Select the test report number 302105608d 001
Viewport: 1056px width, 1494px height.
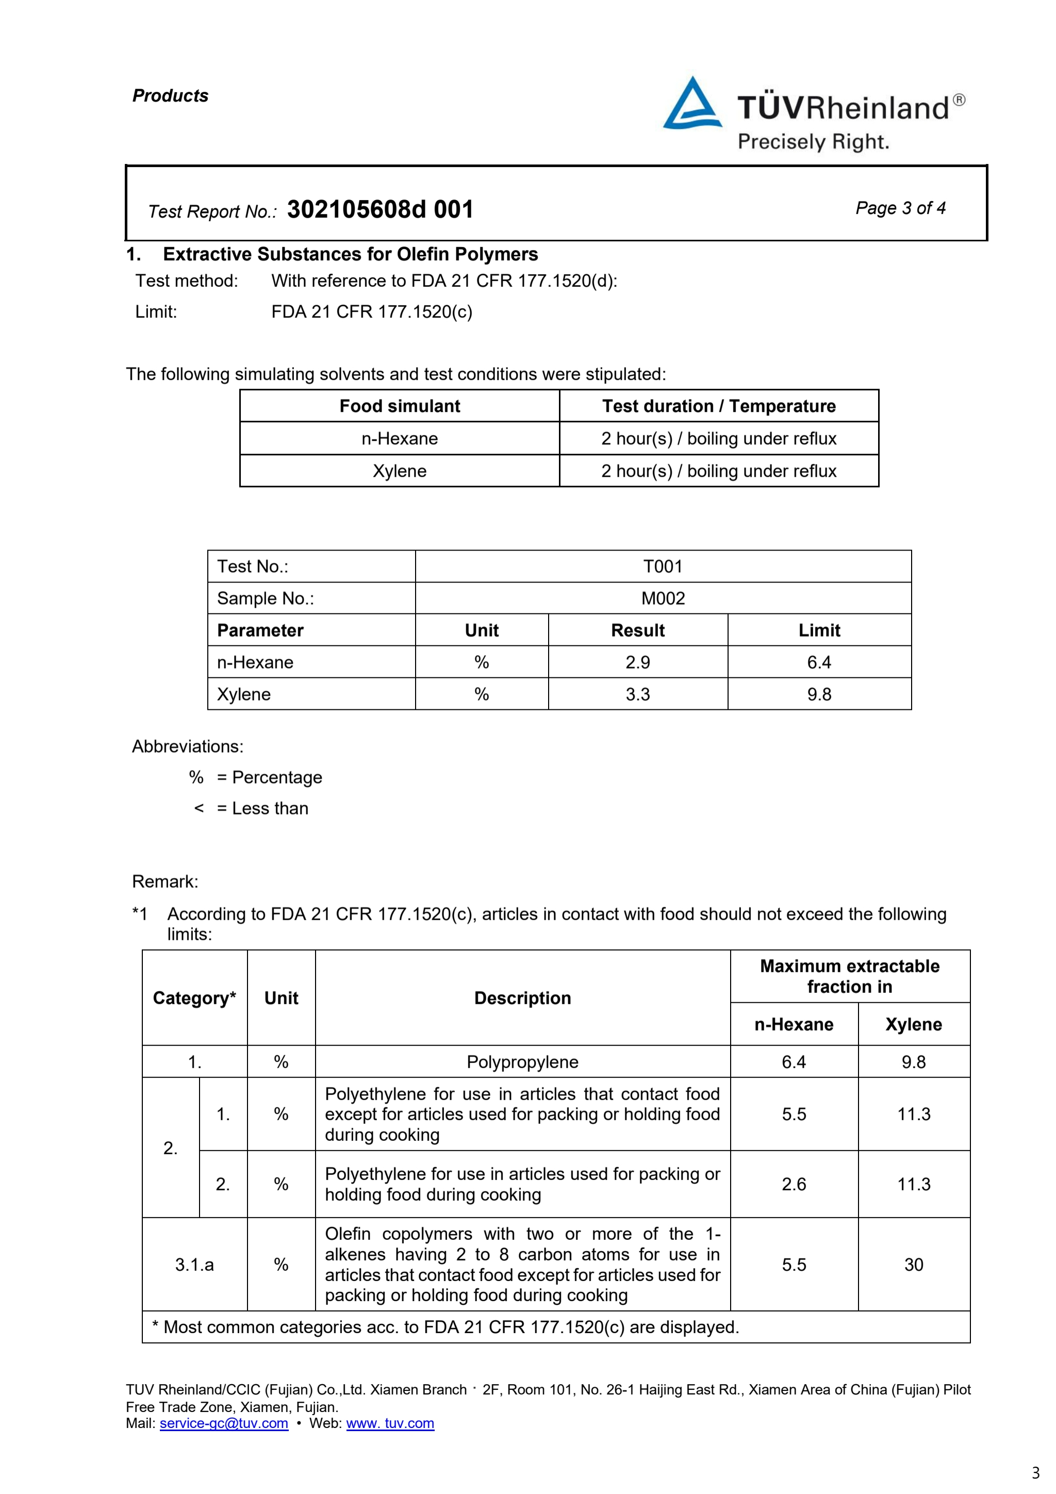click(x=380, y=209)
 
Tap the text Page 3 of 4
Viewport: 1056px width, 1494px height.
click(x=900, y=208)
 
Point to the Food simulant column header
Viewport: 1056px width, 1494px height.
click(x=400, y=406)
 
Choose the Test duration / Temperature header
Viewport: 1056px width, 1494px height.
click(x=718, y=406)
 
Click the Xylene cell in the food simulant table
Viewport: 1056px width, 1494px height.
click(x=400, y=471)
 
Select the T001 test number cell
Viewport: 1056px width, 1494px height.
click(x=663, y=566)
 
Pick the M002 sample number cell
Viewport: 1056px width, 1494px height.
click(x=663, y=598)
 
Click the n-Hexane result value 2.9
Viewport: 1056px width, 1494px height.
click(x=638, y=662)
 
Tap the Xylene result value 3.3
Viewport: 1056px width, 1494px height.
click(x=638, y=694)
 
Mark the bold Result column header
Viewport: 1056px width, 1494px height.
click(x=638, y=630)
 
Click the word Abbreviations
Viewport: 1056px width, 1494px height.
click(x=187, y=746)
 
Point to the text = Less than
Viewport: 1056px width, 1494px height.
click(x=262, y=808)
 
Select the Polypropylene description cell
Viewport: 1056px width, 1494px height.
click(x=522, y=1062)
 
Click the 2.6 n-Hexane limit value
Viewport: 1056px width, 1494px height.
click(x=794, y=1184)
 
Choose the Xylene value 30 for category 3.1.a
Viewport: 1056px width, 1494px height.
click(x=914, y=1264)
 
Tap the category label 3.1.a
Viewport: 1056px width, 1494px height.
click(x=194, y=1264)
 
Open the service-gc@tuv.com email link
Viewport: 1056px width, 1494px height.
click(x=224, y=1423)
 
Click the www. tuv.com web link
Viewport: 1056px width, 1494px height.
click(x=390, y=1423)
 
